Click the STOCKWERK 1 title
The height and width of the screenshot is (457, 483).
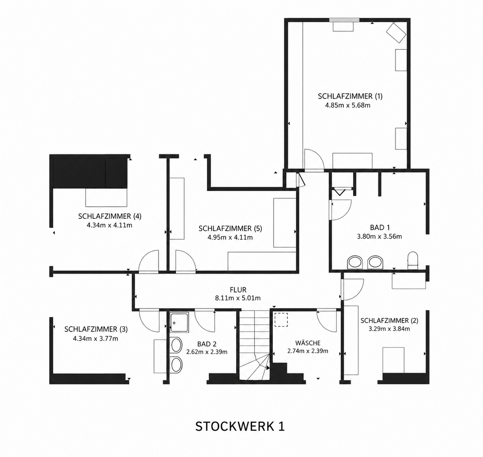click(x=240, y=427)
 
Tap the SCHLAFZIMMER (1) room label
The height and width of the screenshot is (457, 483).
click(x=350, y=96)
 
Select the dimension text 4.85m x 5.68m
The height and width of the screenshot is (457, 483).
click(x=348, y=105)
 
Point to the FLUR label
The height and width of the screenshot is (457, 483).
click(x=238, y=290)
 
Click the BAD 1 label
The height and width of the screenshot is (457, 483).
click(x=380, y=227)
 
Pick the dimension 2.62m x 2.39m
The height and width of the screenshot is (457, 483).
click(x=206, y=352)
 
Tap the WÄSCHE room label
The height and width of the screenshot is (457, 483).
click(x=308, y=342)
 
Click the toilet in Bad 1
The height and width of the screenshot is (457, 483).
click(x=413, y=261)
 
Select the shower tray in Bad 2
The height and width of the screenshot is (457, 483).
click(x=179, y=322)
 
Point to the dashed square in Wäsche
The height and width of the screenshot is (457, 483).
click(x=281, y=320)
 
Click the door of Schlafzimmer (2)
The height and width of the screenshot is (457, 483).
click(x=353, y=290)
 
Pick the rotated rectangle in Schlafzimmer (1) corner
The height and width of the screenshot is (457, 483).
click(x=396, y=33)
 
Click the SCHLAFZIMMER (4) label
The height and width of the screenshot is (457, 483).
click(x=109, y=216)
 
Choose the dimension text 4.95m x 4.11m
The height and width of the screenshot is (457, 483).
click(x=230, y=237)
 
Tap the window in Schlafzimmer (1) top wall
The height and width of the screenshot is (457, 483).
click(x=344, y=20)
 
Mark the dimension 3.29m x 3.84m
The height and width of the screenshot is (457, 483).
click(x=389, y=329)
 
